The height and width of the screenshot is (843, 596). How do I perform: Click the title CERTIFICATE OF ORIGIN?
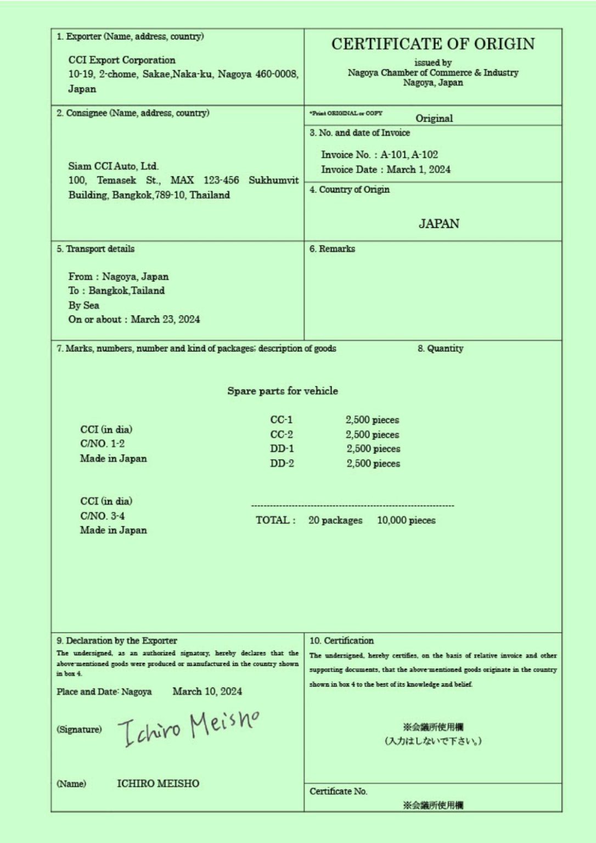(432, 44)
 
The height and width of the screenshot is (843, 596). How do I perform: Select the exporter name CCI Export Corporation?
(122, 60)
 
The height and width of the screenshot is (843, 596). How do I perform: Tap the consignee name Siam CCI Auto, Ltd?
(113, 166)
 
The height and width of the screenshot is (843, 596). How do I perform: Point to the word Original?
(434, 118)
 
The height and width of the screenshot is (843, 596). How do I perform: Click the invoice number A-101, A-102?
(409, 155)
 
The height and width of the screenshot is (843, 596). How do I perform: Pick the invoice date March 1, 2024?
(418, 170)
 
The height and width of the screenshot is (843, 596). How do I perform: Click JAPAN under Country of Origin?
(438, 223)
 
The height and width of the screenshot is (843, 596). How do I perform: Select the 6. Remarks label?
(332, 249)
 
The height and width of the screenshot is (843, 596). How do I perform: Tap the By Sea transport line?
(84, 305)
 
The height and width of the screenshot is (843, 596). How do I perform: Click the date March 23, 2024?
(165, 319)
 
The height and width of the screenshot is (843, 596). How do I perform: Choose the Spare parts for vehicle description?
(283, 391)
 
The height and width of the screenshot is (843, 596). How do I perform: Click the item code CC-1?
(281, 420)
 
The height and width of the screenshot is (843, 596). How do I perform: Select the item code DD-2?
(282, 463)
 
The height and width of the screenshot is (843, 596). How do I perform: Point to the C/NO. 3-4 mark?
(103, 516)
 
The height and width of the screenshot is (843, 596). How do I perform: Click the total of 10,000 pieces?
(406, 520)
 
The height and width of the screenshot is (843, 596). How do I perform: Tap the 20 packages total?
(335, 520)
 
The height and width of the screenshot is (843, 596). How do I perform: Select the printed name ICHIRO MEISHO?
(158, 783)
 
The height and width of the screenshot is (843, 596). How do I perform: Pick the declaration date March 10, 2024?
(207, 692)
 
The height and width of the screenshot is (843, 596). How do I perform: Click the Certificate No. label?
(338, 791)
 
